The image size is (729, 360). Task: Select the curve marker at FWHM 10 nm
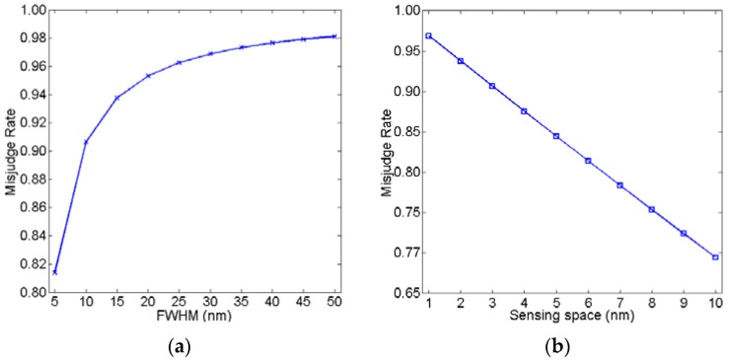[86, 142]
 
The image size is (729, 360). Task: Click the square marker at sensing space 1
[428, 36]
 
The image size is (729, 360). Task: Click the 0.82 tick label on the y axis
[34, 264]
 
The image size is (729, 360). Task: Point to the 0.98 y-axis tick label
[34, 38]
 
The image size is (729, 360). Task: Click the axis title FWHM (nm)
[194, 318]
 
